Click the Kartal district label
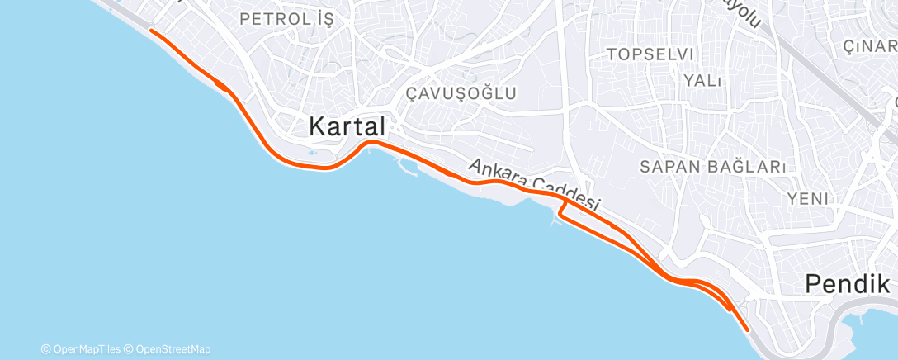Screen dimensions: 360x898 347,126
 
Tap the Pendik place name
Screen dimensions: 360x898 848,285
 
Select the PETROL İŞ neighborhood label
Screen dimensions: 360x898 286,19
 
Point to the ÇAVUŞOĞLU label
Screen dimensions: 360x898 461,93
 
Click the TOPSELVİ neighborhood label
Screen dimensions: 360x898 650,54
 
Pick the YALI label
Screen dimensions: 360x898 702,80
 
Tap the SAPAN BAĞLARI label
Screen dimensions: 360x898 712,166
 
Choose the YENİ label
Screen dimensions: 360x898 807,198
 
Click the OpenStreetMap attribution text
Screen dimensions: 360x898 170,349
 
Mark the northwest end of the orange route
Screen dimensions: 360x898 150,30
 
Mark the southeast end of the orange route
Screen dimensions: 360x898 748,329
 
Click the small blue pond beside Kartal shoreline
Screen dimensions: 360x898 311,153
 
